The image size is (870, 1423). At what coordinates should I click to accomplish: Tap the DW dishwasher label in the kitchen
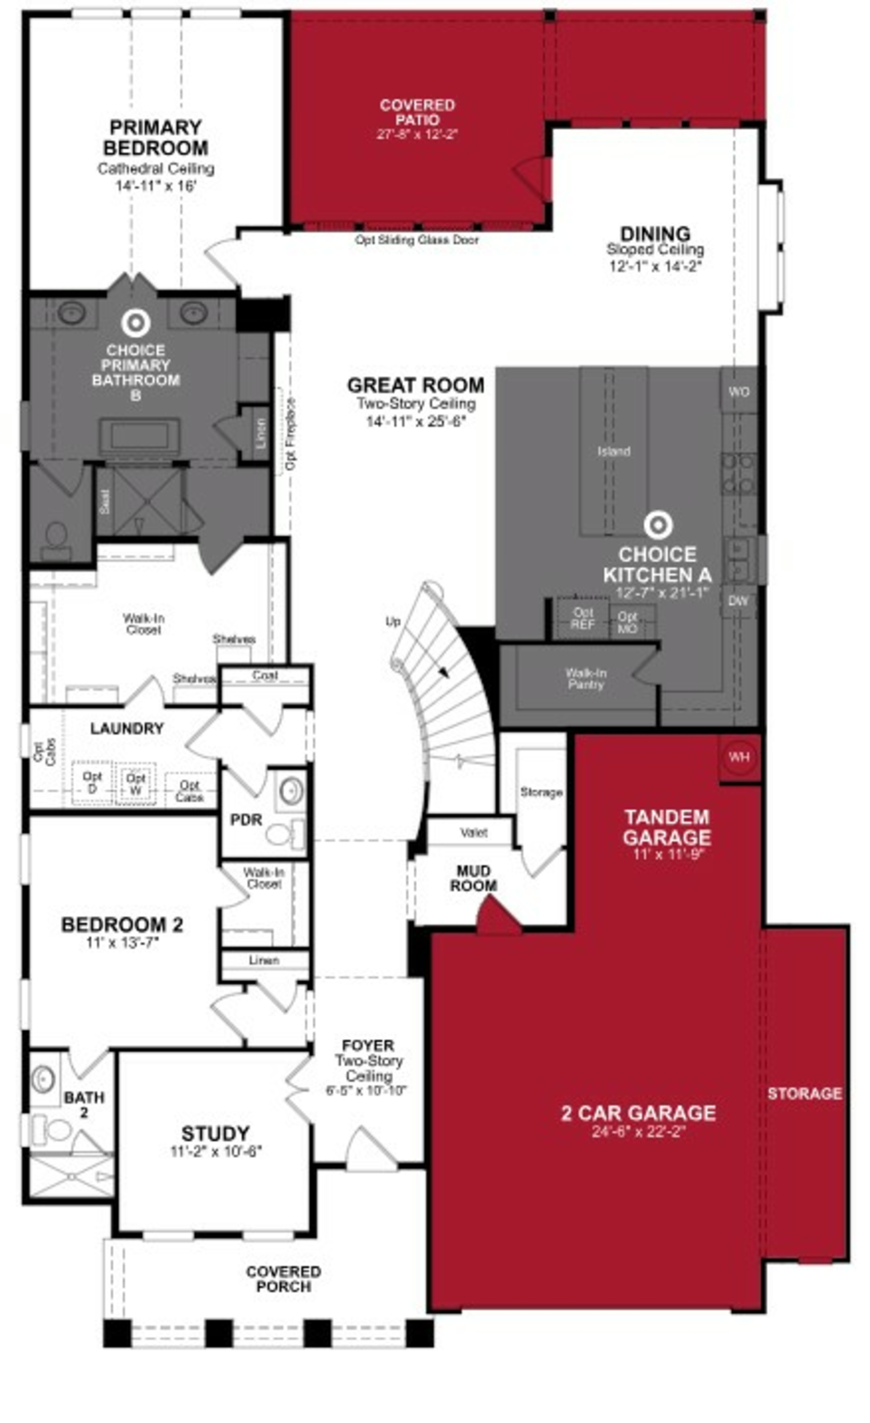(x=738, y=601)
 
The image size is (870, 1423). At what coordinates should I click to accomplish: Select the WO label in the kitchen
(x=738, y=392)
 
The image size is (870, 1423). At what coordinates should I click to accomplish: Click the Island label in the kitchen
(x=613, y=451)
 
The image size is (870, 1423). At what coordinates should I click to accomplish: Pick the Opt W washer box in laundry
(x=136, y=783)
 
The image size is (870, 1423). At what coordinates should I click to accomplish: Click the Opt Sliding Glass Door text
(x=416, y=240)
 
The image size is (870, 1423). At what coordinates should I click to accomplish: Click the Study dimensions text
(x=216, y=1151)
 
